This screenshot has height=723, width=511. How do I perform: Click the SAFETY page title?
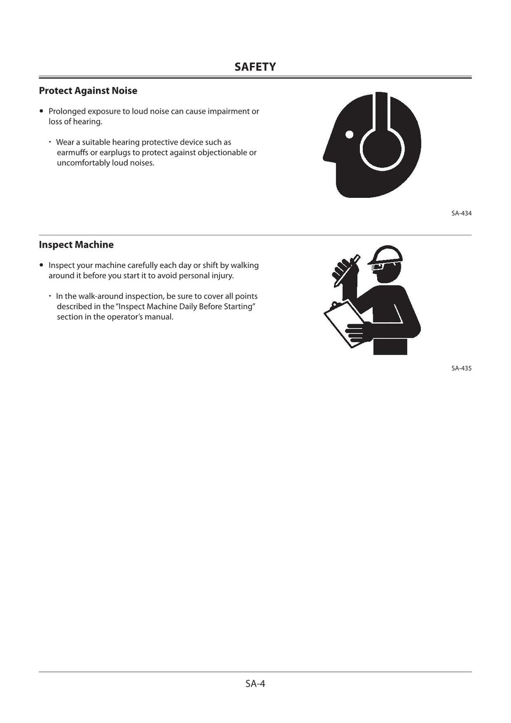[x=255, y=67]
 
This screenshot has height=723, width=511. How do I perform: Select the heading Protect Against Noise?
[x=88, y=91]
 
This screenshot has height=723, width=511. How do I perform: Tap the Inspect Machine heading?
[x=76, y=245]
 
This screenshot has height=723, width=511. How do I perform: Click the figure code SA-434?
[x=461, y=213]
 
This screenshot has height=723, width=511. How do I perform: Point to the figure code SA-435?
[x=461, y=368]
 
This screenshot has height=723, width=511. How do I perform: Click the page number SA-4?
[x=255, y=684]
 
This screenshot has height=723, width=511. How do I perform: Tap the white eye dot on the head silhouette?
[x=349, y=134]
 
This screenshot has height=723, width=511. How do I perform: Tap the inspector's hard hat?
[x=386, y=254]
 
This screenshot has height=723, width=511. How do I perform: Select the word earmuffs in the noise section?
[x=72, y=152]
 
